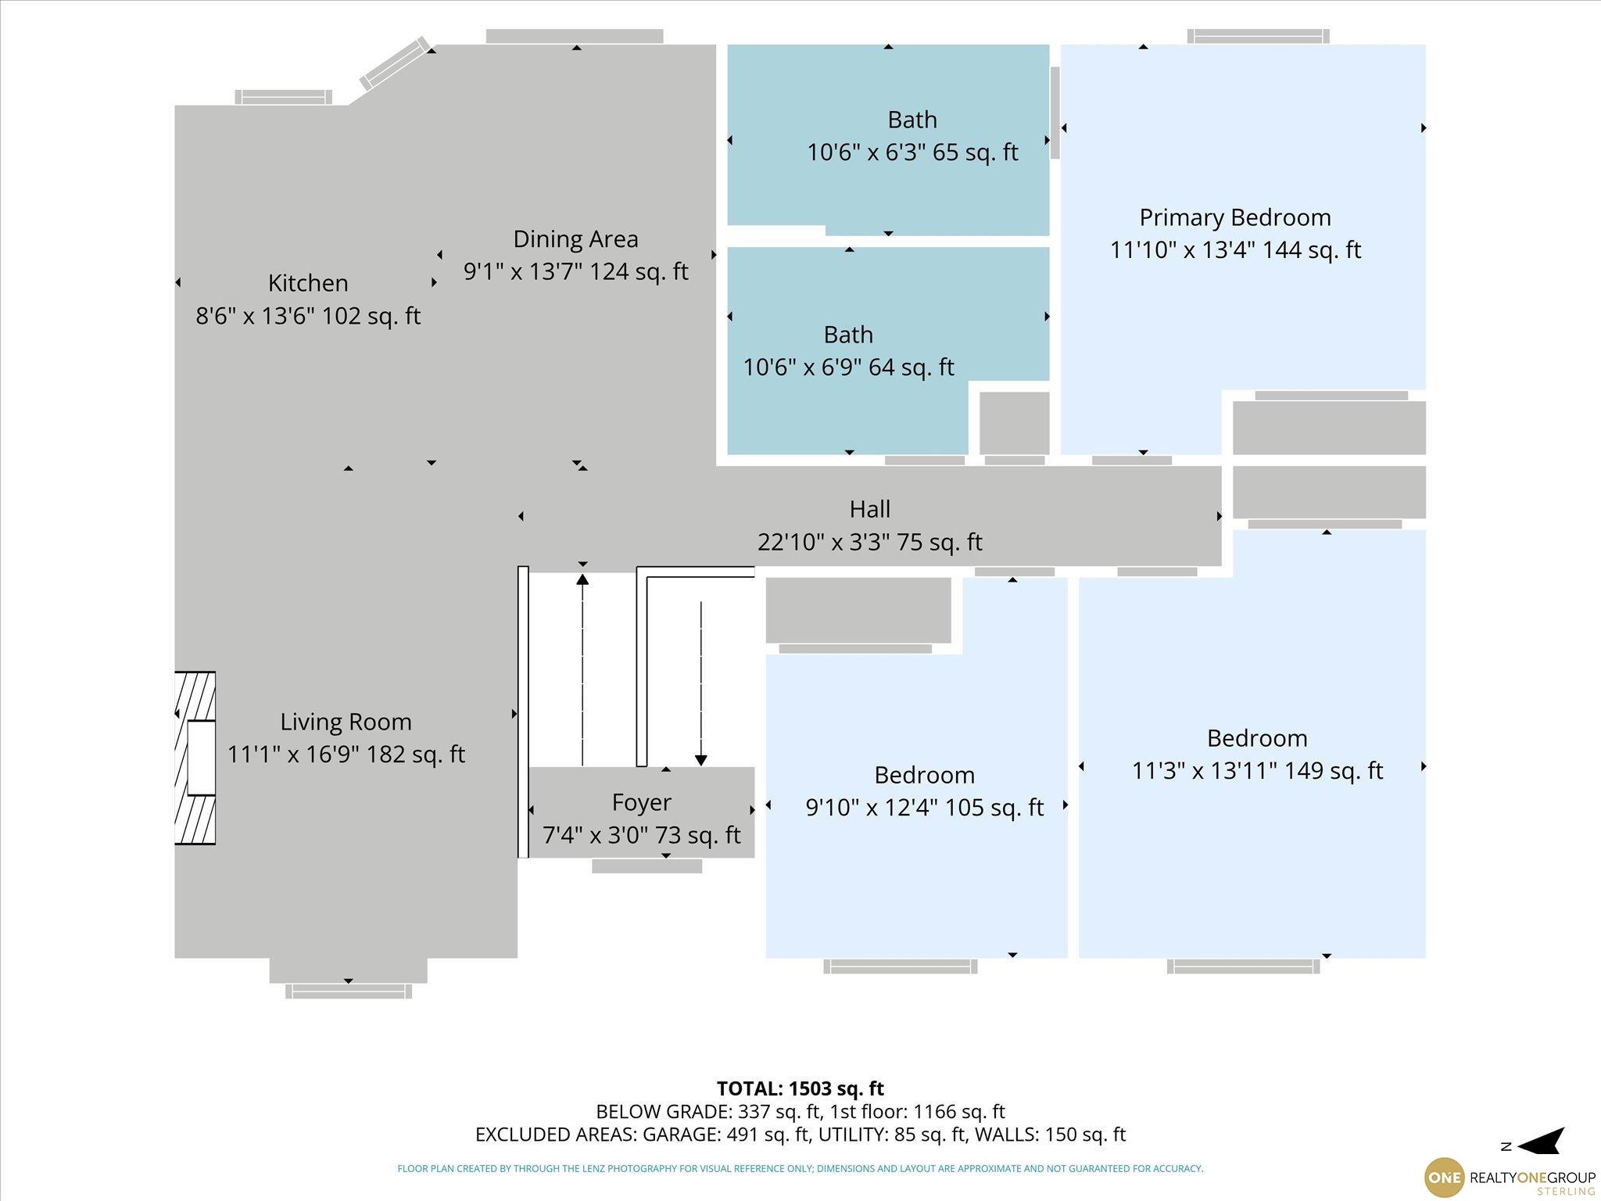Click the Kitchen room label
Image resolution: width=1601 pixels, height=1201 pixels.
coord(308,282)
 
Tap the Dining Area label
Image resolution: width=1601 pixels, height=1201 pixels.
coord(575,238)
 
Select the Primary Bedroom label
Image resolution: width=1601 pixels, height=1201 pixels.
coord(1235,217)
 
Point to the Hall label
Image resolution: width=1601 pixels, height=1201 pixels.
coord(870,509)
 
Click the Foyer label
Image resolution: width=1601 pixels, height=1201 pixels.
coord(641,803)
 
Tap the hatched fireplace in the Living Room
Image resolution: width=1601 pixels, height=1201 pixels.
coord(195,758)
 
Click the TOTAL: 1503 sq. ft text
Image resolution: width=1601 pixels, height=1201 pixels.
coord(800,1088)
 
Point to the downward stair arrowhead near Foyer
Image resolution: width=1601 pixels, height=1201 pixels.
coord(701,761)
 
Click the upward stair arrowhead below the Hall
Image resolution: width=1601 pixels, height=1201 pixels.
coord(582,579)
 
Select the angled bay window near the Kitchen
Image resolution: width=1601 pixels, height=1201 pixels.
coord(396,63)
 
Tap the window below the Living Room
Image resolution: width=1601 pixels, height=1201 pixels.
coord(349,991)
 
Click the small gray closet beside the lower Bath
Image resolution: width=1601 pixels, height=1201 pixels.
coord(1014,423)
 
